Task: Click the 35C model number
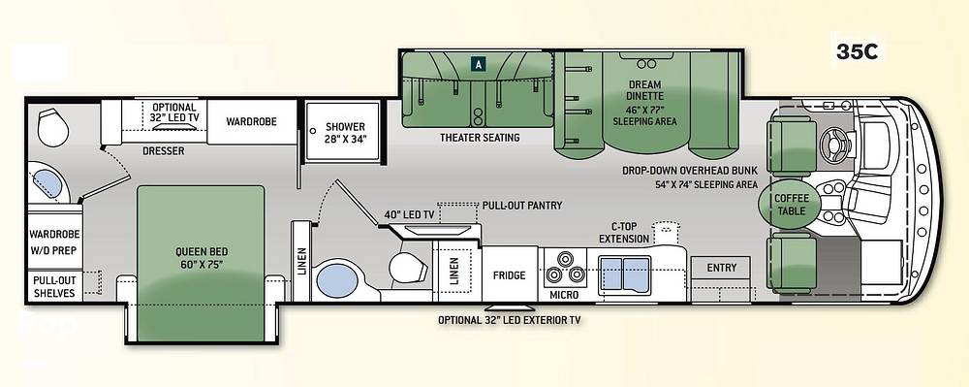tap(858, 52)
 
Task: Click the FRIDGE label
tap(510, 275)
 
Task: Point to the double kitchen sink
tap(625, 274)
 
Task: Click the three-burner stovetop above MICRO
tap(564, 267)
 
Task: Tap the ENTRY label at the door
tap(722, 268)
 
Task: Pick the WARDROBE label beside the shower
tap(251, 122)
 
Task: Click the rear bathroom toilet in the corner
tap(53, 128)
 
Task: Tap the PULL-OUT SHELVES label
tap(54, 287)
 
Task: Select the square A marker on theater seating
tap(479, 63)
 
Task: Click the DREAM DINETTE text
tap(644, 90)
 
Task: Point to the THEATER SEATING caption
tap(480, 137)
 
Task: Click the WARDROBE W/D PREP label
tap(54, 242)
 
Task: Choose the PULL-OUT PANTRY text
tap(522, 206)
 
